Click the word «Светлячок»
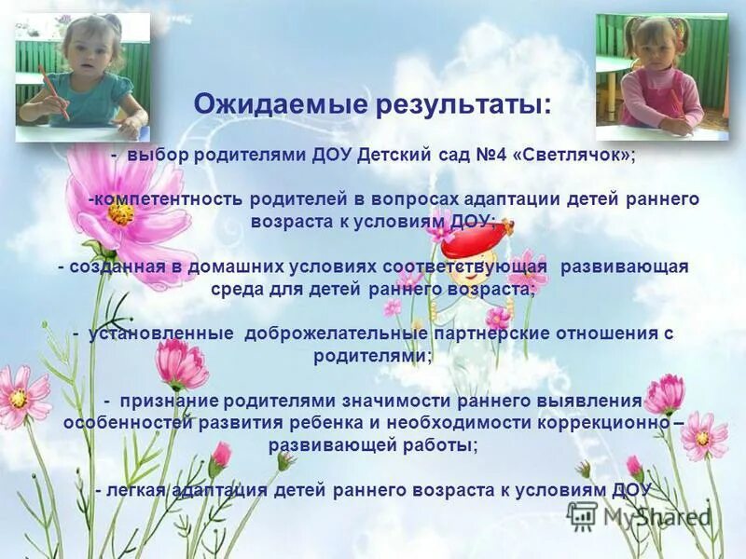(x=573, y=156)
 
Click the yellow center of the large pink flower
(x=120, y=213)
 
